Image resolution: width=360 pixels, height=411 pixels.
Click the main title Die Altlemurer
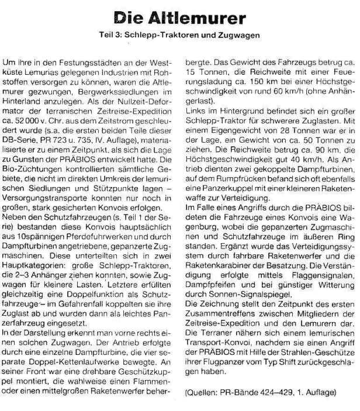point(179,17)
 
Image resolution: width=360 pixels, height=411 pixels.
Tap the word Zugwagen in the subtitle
point(241,36)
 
